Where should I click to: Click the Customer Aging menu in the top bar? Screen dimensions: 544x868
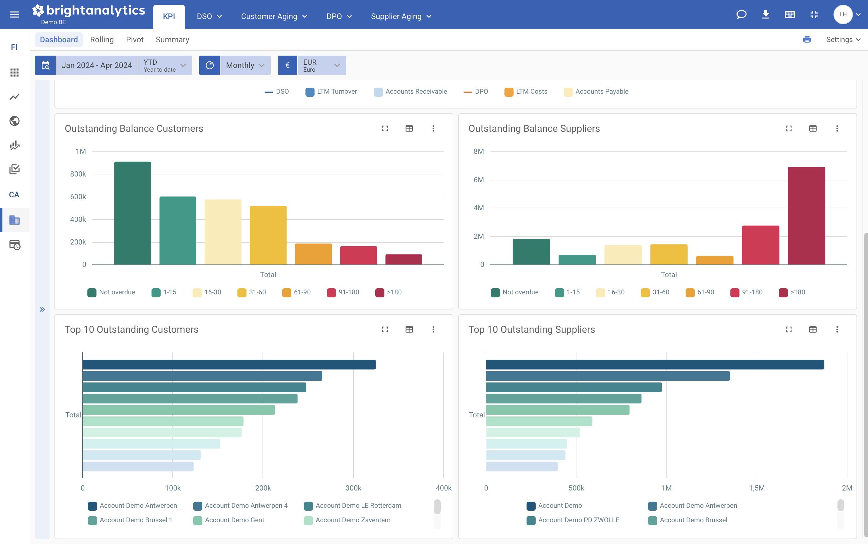pyautogui.click(x=274, y=16)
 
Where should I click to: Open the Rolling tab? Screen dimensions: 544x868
pyautogui.click(x=102, y=40)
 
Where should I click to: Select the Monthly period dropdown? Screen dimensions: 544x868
pyautogui.click(x=245, y=65)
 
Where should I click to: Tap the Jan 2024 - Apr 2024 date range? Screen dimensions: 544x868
pyautogui.click(x=96, y=65)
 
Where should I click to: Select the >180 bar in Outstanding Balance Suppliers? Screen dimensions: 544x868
pyautogui.click(x=806, y=216)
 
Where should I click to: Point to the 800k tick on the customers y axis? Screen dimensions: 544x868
pyautogui.click(x=78, y=174)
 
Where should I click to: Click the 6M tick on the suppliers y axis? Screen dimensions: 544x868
pyautogui.click(x=478, y=180)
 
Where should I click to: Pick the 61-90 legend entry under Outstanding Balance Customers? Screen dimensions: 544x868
pyautogui.click(x=302, y=292)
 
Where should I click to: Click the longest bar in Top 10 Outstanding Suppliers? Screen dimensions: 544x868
pyautogui.click(x=654, y=364)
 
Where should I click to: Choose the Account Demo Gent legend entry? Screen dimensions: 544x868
pyautogui.click(x=234, y=520)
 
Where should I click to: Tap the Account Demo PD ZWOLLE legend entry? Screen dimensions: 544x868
pyautogui.click(x=578, y=520)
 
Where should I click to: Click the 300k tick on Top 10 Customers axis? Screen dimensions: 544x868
pyautogui.click(x=353, y=488)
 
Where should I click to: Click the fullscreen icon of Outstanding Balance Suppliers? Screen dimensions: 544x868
pyautogui.click(x=788, y=128)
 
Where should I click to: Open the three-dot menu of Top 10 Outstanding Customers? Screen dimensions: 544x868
pyautogui.click(x=433, y=329)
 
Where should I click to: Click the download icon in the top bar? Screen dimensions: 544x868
pyautogui.click(x=765, y=15)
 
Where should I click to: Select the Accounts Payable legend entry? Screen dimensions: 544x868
pyautogui.click(x=601, y=91)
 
